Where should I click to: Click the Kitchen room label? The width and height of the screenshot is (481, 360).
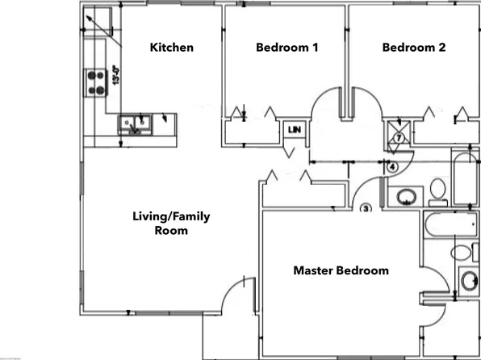click(172, 48)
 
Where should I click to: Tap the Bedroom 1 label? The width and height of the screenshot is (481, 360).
click(287, 48)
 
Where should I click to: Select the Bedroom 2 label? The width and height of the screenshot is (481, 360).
click(413, 48)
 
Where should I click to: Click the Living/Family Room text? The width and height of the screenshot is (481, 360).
click(171, 223)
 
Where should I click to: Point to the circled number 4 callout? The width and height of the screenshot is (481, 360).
click(391, 167)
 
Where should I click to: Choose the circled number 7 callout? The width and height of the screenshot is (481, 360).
click(398, 138)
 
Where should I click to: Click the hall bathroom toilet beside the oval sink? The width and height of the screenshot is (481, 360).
click(438, 190)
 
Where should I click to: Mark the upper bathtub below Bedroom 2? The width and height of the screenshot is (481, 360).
click(465, 177)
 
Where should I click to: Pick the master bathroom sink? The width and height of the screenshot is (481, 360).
click(467, 282)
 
